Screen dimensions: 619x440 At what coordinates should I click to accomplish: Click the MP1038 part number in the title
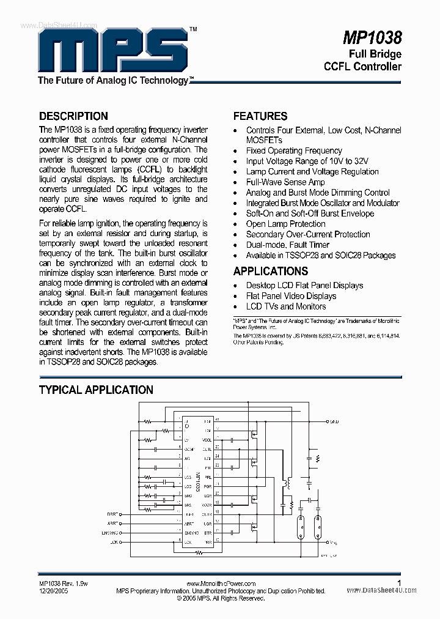coord(372,38)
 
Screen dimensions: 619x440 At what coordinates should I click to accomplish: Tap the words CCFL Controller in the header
coord(362,66)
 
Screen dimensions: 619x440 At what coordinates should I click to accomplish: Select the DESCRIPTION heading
coord(73,116)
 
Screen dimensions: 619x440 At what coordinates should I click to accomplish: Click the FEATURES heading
coord(260,116)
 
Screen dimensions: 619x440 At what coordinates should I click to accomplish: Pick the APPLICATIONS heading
coord(271,271)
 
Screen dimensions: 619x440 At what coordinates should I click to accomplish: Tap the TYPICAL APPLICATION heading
coord(96,390)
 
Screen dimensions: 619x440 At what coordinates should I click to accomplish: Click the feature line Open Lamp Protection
coord(285,224)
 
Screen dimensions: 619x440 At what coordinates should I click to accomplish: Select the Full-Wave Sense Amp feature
coord(285,182)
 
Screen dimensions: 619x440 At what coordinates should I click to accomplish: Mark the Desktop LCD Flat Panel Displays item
coord(304,286)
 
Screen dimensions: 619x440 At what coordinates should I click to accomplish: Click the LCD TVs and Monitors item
coord(286,306)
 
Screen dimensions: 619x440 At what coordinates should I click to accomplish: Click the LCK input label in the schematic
coord(114,543)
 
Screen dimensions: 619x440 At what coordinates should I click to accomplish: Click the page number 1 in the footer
coord(399,584)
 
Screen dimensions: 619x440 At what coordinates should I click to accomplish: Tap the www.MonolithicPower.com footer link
coord(220,584)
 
